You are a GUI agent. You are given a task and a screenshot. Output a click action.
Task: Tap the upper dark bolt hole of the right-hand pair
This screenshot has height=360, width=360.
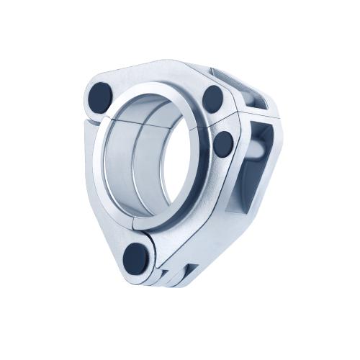point(213,97)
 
